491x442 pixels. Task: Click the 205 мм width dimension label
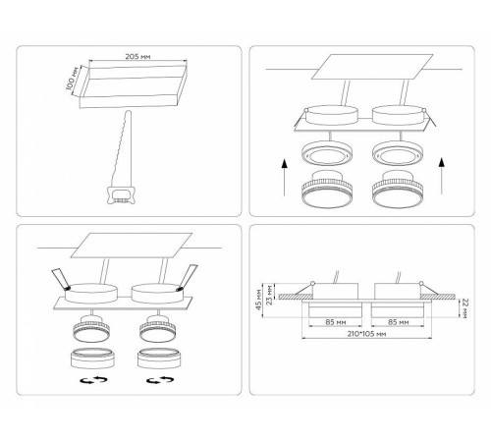[x=137, y=56]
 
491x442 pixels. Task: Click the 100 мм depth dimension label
[x=72, y=79]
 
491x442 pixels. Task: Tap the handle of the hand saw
[x=121, y=194]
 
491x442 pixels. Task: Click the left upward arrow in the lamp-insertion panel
[x=285, y=177]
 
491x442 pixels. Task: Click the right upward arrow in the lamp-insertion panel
[x=442, y=176]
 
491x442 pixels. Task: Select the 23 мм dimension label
[x=269, y=295]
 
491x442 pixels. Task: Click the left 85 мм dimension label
[x=336, y=322]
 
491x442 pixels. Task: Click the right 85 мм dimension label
[x=399, y=322]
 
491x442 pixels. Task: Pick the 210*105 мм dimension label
[x=366, y=334]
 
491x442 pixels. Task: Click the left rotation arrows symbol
[x=94, y=380]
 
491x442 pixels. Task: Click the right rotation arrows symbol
[x=160, y=380]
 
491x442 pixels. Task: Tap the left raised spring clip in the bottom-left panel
[x=61, y=279]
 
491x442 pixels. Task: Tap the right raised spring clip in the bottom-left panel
[x=188, y=277]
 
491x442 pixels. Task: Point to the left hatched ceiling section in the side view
[x=296, y=297]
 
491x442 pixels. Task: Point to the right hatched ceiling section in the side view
[x=437, y=297]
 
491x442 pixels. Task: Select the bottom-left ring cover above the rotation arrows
[x=93, y=359]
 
